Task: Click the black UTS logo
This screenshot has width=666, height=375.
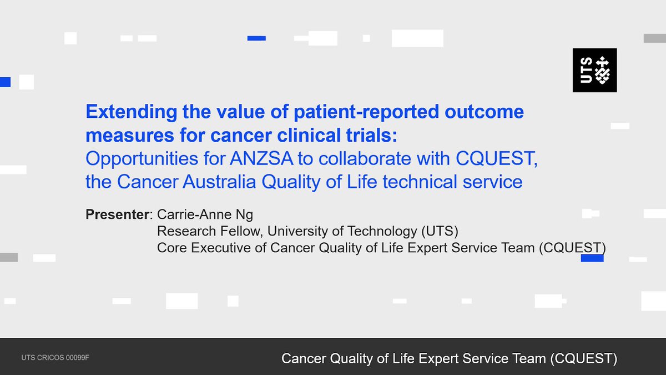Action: pyautogui.click(x=594, y=70)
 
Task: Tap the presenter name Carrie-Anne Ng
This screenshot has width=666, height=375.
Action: pyautogui.click(x=205, y=214)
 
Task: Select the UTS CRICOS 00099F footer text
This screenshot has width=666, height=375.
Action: pyautogui.click(x=55, y=357)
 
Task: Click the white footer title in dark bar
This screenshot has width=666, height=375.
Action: pyautogui.click(x=449, y=358)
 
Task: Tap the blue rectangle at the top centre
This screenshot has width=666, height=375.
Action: pyautogui.click(x=256, y=38)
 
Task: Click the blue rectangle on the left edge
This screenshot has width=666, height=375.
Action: pyautogui.click(x=5, y=82)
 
